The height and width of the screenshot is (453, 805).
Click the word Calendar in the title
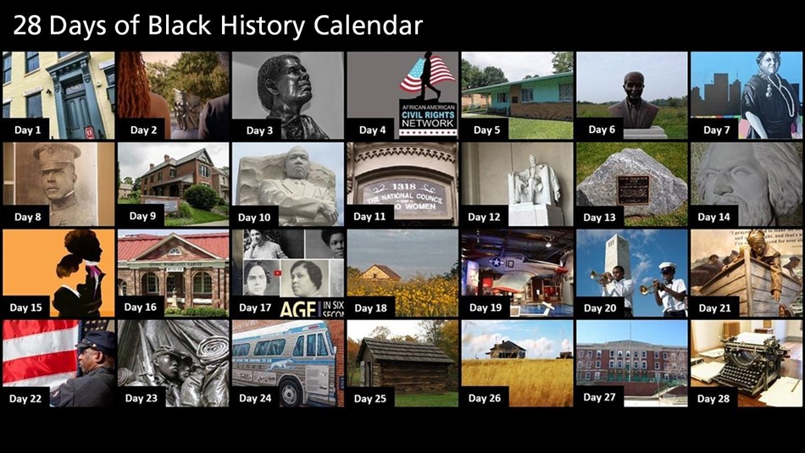point(368,26)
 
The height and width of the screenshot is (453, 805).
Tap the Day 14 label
point(713,218)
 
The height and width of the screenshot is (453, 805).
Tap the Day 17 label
point(255,308)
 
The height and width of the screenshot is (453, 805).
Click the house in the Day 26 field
point(507,348)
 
